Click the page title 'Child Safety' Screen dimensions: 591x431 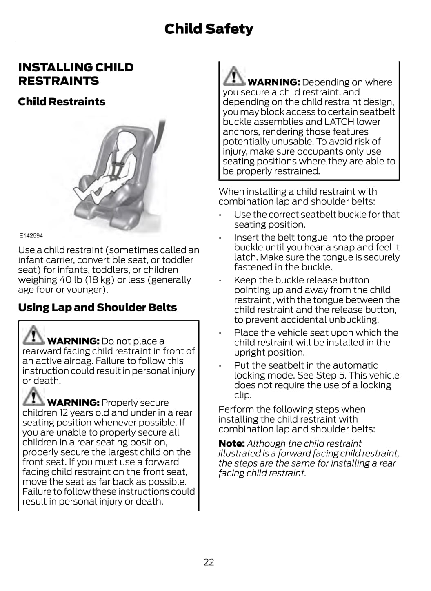pos(209,29)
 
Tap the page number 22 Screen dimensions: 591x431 pos(209,562)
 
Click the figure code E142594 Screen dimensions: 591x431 pos(31,236)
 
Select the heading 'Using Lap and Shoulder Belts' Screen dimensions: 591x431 pos(97,308)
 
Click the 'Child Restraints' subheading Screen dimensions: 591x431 pos(62,102)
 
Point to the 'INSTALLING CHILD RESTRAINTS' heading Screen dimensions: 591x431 pos(76,74)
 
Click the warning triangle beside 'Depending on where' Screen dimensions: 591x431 pos(234,75)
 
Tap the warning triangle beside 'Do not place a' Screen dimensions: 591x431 pos(33,334)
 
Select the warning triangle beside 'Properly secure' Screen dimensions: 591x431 pos(33,396)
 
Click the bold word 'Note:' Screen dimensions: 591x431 pos(231,443)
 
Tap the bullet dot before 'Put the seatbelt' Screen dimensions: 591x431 pos(220,366)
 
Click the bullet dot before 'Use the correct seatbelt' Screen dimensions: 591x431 pos(220,215)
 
